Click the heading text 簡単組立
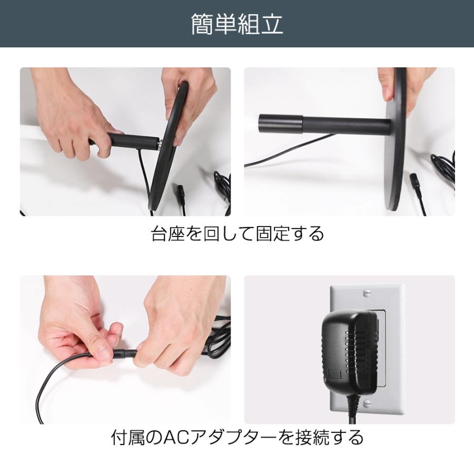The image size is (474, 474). pyautogui.click(x=237, y=24)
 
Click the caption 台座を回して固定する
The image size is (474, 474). pyautogui.click(x=237, y=233)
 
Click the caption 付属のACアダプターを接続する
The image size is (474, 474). pyautogui.click(x=237, y=437)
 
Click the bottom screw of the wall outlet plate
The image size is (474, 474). pyautogui.click(x=367, y=403)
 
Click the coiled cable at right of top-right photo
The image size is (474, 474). pyautogui.click(x=442, y=169)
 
